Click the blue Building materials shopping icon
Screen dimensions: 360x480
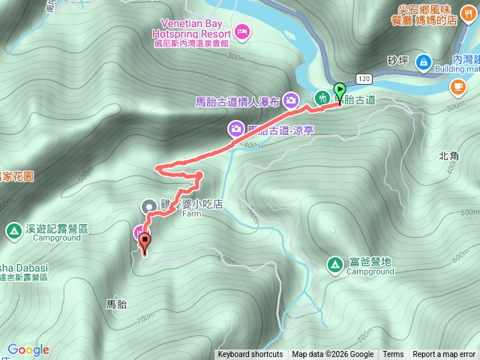423,61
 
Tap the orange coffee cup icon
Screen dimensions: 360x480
457,88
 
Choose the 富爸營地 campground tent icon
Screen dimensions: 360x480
334,263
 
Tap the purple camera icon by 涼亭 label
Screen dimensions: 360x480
236,130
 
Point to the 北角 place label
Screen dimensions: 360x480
448,156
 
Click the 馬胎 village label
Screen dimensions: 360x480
117,304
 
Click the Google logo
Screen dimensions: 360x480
28,349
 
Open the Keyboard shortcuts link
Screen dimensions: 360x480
250,355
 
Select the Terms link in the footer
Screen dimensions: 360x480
393,355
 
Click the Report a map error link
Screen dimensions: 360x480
444,355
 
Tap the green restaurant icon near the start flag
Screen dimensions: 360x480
322,97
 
